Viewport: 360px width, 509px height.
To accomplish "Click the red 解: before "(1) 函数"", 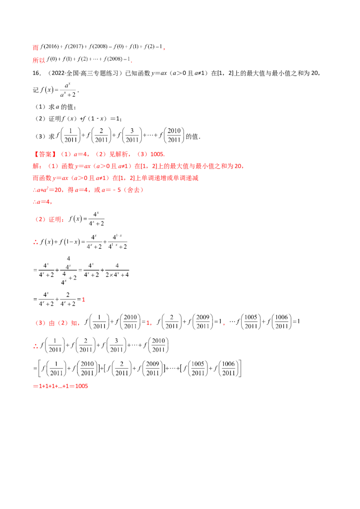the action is click(36, 166).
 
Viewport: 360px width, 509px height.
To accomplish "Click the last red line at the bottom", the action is click(61, 385).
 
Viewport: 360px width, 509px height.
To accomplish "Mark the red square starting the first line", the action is click(35, 46).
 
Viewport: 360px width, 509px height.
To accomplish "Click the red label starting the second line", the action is click(39, 60).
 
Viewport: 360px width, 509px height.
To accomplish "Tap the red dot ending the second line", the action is click(131, 62).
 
